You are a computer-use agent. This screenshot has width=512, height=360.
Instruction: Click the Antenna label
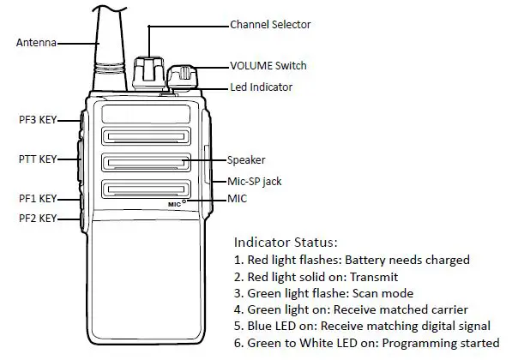[x=35, y=42]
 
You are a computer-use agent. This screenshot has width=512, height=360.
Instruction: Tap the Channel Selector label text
[x=269, y=25]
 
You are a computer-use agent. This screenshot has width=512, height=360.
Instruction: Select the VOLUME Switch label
[x=268, y=66]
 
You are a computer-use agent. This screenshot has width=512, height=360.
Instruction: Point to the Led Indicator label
[x=262, y=87]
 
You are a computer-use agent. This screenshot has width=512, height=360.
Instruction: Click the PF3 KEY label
[x=38, y=120]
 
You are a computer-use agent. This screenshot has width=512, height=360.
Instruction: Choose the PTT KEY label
[x=38, y=159]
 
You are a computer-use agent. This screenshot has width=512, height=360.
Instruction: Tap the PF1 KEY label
[x=38, y=198]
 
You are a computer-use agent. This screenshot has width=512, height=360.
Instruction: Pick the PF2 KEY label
[x=38, y=219]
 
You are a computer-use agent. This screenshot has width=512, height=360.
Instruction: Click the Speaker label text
[x=246, y=159]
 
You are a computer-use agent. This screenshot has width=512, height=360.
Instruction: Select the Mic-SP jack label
[x=254, y=181]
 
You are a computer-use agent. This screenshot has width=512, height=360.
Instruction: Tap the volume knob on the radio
[x=182, y=76]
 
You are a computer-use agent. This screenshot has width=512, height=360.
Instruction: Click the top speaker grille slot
[x=145, y=137]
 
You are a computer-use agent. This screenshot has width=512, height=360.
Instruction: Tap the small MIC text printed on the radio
[x=176, y=204]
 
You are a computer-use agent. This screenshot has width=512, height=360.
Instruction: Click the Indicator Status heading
[x=286, y=243]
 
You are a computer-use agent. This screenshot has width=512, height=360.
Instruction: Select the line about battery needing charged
[x=352, y=260]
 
